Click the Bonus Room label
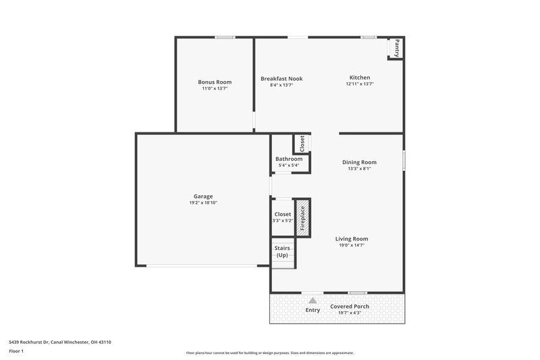pyautogui.click(x=215, y=82)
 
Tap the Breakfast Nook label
pyautogui.click(x=281, y=78)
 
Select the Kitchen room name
pyautogui.click(x=360, y=78)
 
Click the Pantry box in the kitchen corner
pyautogui.click(x=396, y=49)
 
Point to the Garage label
pyautogui.click(x=203, y=197)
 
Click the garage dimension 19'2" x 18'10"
pyautogui.click(x=203, y=203)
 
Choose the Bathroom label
pyautogui.click(x=284, y=159)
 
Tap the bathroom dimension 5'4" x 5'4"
pyautogui.click(x=284, y=165)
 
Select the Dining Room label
pyautogui.click(x=359, y=162)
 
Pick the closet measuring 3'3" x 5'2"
pyautogui.click(x=282, y=217)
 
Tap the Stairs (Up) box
pyautogui.click(x=282, y=252)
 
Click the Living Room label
pyautogui.click(x=352, y=238)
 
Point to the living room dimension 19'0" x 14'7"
pyautogui.click(x=352, y=245)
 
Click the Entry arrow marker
pyautogui.click(x=312, y=300)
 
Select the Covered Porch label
pyautogui.click(x=350, y=306)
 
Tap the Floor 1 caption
pyautogui.click(x=16, y=351)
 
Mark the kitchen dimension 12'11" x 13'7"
pyautogui.click(x=360, y=84)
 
